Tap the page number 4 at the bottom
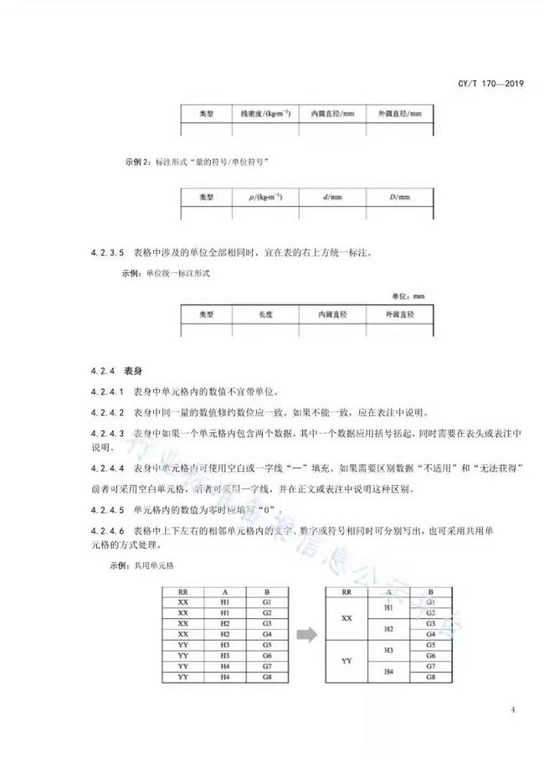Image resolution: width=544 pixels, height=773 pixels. [x=511, y=711]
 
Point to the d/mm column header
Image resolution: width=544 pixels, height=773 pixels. [x=331, y=198]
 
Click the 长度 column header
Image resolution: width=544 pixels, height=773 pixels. [x=264, y=314]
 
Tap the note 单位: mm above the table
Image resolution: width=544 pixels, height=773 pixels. [x=409, y=296]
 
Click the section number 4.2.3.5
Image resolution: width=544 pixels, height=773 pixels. [x=107, y=250]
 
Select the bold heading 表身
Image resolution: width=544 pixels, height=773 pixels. [x=132, y=370]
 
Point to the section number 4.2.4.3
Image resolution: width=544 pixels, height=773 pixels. [x=107, y=433]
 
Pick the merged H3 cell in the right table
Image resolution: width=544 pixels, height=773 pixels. [x=388, y=650]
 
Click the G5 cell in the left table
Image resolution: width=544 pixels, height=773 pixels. [x=267, y=645]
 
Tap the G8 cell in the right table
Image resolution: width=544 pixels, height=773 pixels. [x=430, y=677]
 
